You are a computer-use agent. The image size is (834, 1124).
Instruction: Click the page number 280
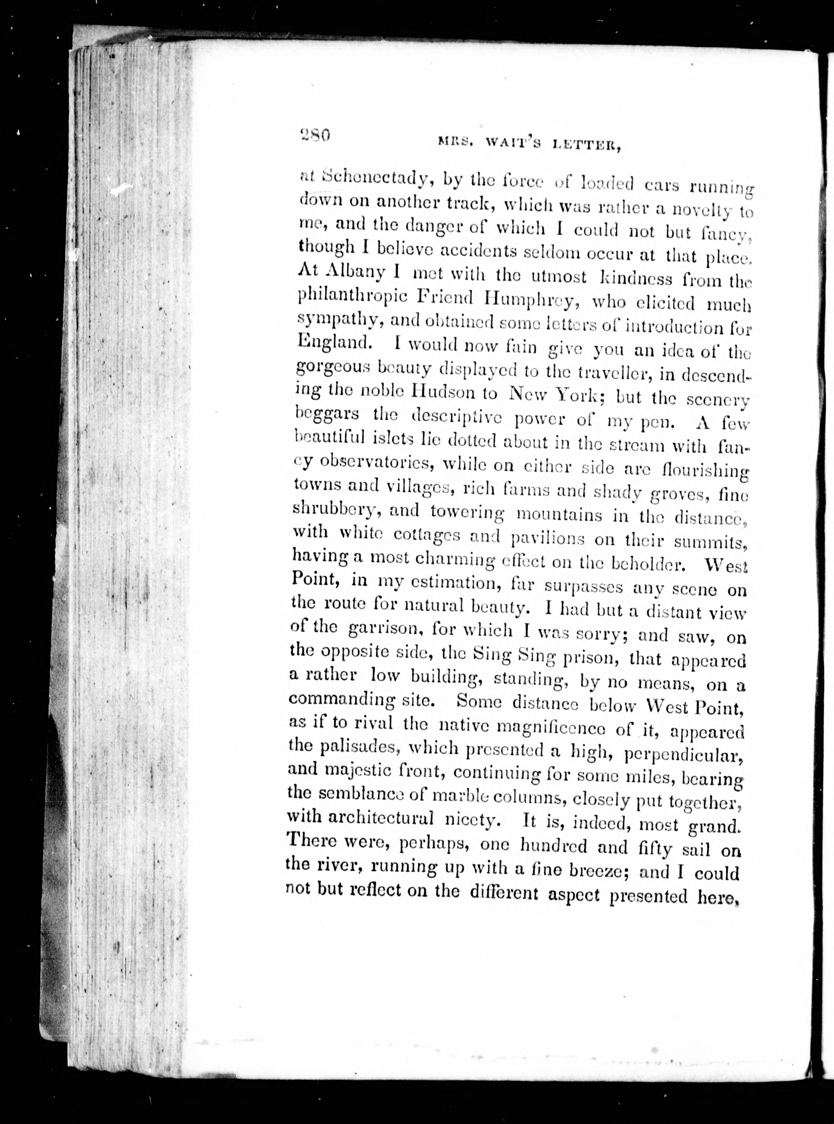[x=314, y=135]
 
